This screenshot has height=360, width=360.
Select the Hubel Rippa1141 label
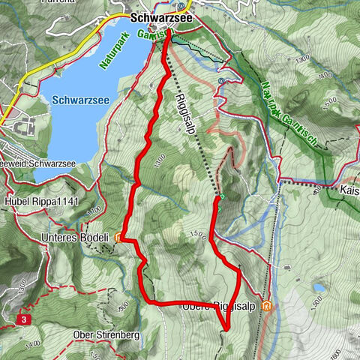click(41, 202)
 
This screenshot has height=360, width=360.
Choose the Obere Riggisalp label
click(218, 306)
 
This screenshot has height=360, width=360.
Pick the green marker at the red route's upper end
click(221, 196)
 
